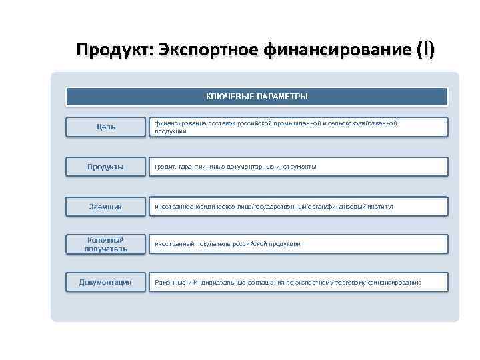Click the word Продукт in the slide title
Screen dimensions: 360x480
114,50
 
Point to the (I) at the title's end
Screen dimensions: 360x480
425,50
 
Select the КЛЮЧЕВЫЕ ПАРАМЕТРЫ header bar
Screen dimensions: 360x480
257,97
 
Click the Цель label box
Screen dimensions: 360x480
105,127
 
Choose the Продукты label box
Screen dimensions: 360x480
105,167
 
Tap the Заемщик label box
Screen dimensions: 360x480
105,207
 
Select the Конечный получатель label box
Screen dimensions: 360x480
105,244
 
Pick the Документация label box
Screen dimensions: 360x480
105,283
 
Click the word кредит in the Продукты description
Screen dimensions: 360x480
164,167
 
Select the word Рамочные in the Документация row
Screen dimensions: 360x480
170,283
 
